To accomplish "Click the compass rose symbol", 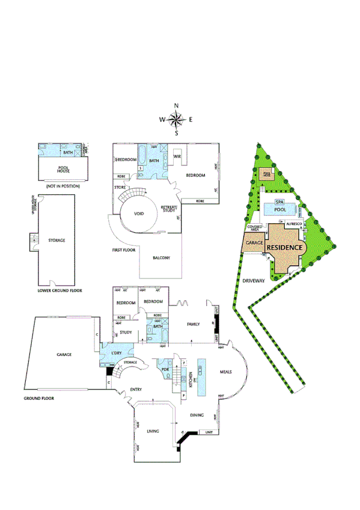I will point(176,119).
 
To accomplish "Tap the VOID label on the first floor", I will point(139,214).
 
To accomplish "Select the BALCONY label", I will point(161,258).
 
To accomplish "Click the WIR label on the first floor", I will point(177,156).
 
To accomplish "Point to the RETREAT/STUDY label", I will point(168,209).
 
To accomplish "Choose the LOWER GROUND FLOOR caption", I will point(60,290).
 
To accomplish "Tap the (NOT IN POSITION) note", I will point(63,187).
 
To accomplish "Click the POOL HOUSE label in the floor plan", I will point(63,169).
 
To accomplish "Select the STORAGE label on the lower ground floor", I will point(56,240).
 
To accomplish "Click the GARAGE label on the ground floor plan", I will point(64,355).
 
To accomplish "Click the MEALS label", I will point(226,372).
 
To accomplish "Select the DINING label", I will point(198,415).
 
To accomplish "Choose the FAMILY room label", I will point(193,324).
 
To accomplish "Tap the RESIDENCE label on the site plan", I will point(284,247).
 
